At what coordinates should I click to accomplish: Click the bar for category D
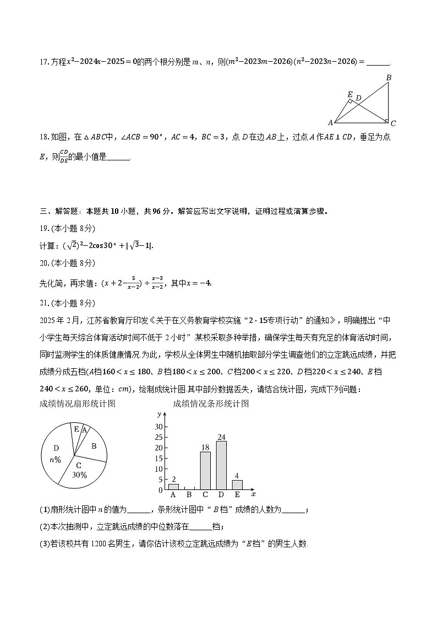(x=221, y=465)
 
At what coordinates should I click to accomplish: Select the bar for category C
(x=205, y=471)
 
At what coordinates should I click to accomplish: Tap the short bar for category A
(x=173, y=487)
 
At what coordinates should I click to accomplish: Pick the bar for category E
(x=237, y=485)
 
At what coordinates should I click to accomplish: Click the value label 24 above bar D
(x=221, y=437)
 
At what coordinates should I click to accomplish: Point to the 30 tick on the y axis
(x=159, y=427)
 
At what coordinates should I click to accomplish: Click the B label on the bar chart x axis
(x=189, y=495)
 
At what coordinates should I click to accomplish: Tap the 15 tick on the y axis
(x=159, y=459)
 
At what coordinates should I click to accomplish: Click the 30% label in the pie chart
(x=80, y=475)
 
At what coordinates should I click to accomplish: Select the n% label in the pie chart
(x=55, y=460)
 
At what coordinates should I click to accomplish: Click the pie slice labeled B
(x=94, y=445)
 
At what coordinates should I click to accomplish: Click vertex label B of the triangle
(x=389, y=78)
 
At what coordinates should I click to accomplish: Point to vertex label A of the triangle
(x=330, y=122)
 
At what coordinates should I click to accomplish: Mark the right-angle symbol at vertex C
(x=386, y=121)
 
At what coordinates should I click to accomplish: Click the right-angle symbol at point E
(x=351, y=101)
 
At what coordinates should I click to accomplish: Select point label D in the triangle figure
(x=358, y=98)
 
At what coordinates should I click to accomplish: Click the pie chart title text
(x=78, y=403)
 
